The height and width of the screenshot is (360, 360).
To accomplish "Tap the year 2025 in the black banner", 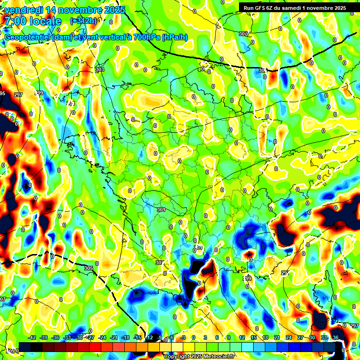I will coord(337,7).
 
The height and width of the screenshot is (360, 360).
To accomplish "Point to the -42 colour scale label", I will coord(31,337).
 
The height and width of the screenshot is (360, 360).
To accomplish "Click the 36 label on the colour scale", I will coord(335,337).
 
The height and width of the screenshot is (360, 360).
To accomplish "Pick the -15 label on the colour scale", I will coord(137,337).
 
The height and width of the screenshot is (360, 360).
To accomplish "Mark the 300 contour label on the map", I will coord(243,34).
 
